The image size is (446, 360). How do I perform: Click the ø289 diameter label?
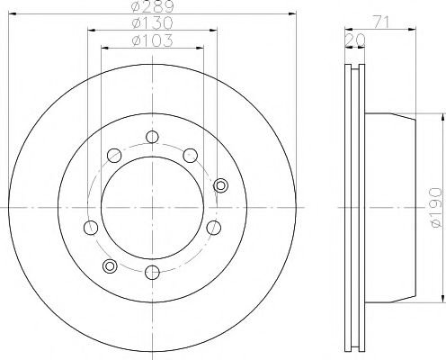(151, 7)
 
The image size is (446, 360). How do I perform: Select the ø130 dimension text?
(151, 23)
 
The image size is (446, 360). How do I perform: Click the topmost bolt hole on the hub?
(152, 138)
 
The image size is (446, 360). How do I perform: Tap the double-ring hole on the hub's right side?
(222, 184)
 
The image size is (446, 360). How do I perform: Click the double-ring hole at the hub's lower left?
(110, 265)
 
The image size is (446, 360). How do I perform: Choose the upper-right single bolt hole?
(190, 157)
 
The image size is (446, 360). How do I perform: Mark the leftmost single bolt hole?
(88, 226)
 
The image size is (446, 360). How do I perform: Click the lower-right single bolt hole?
(213, 228)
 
